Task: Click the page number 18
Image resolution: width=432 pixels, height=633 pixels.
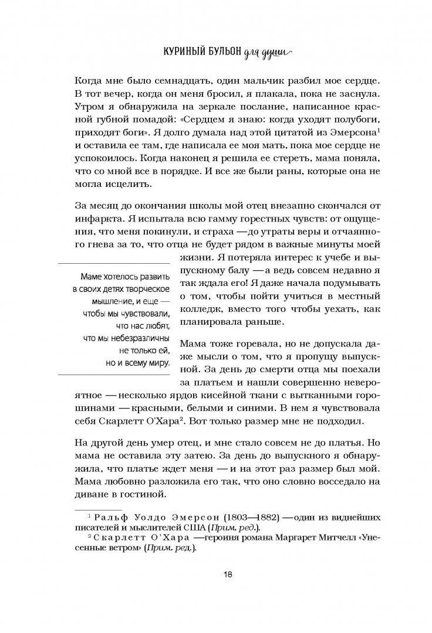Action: click(x=228, y=573)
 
